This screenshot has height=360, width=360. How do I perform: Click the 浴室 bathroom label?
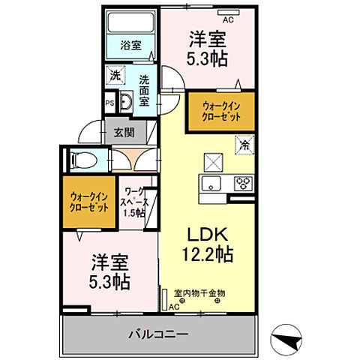click(131, 46)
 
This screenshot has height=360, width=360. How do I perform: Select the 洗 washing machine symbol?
click(115, 75)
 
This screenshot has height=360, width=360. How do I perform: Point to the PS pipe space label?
click(109, 103)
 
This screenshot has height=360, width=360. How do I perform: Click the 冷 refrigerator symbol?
click(244, 144)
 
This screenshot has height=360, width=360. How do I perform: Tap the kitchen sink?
click(211, 184)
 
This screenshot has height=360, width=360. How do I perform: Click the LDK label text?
click(207, 233)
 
